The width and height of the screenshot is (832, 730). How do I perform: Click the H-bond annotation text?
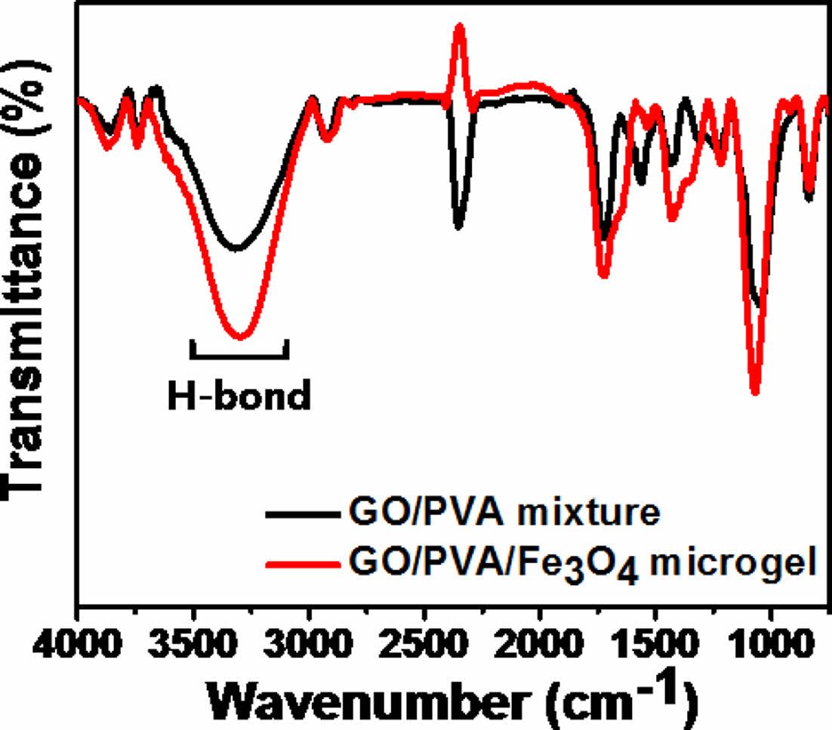239,396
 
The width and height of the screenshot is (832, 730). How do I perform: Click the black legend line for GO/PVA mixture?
301,515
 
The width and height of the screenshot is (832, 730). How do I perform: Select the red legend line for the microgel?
301,562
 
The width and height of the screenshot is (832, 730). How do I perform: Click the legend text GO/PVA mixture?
504,514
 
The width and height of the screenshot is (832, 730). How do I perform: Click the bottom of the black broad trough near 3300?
237,248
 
